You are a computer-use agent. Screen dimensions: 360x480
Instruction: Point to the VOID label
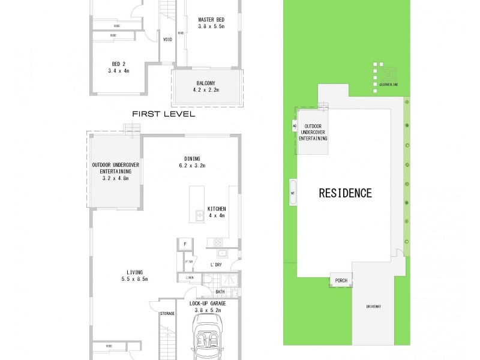[x=167, y=40]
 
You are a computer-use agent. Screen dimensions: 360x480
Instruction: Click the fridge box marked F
[x=185, y=245]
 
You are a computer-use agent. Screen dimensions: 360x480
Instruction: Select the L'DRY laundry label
[x=216, y=265]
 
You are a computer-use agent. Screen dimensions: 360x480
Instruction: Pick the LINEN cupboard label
[x=189, y=277]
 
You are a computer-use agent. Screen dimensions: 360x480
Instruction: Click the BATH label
[x=220, y=292]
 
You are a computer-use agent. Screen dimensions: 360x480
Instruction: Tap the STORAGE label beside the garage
[x=167, y=313]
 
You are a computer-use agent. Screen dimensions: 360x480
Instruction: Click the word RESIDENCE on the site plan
[x=345, y=193]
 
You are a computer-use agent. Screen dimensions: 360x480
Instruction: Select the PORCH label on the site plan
[x=341, y=280]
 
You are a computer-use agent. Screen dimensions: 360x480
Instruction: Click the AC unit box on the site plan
[x=293, y=126]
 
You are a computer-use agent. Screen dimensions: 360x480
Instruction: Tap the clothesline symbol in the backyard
[x=388, y=73]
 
